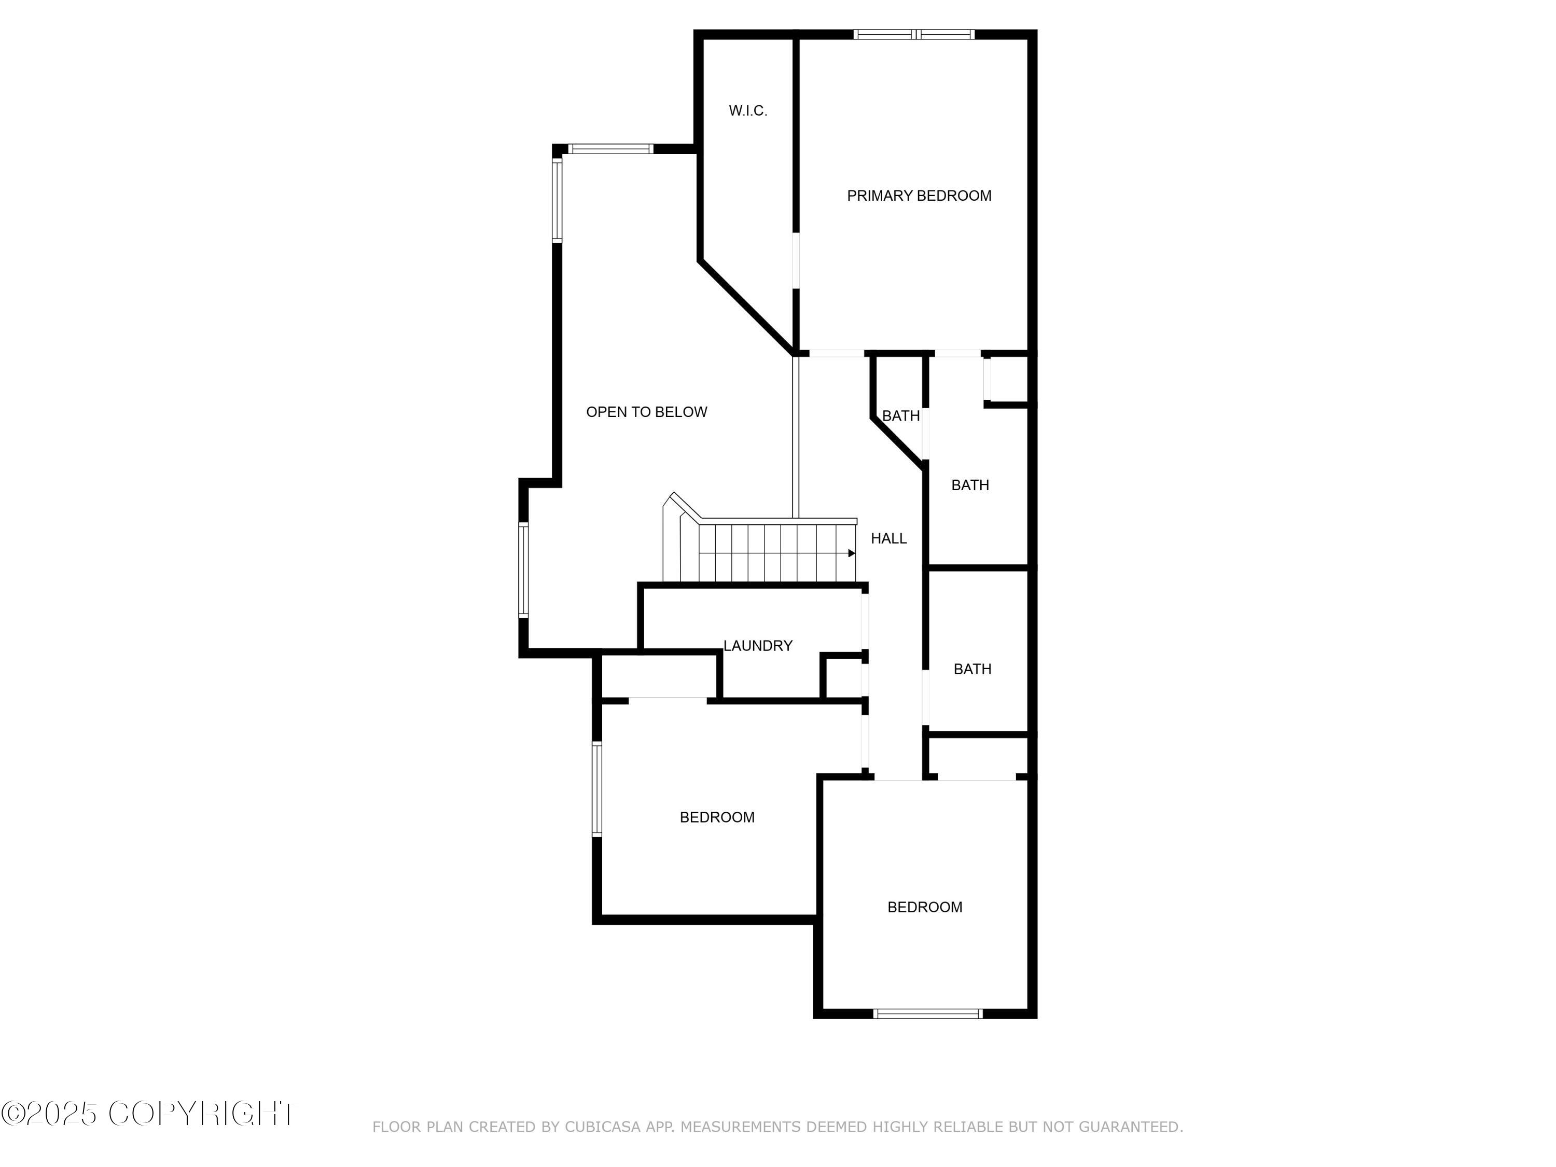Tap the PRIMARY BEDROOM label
click(919, 196)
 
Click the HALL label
click(888, 538)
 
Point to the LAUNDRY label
click(758, 646)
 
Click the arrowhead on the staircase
click(851, 553)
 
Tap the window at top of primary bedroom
click(914, 34)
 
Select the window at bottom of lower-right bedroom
click(927, 1013)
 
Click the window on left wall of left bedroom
click(597, 788)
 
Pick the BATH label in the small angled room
click(900, 416)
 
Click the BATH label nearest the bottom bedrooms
click(972, 669)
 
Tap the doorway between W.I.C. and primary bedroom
click(796, 260)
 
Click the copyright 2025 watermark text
click(149, 1114)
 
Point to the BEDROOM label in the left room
click(717, 817)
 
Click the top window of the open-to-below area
click(610, 148)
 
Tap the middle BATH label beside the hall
click(969, 484)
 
